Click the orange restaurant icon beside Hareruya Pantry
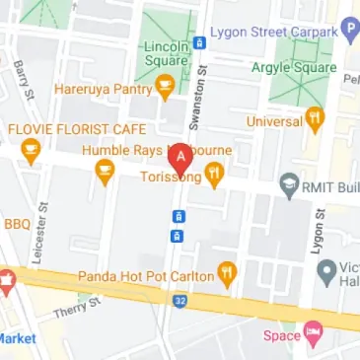click(166, 90)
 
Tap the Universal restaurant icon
click(315, 120)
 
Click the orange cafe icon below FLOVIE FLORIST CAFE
click(32, 151)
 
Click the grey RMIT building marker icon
click(289, 182)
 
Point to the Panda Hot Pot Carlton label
click(159, 276)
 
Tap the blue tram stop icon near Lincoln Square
click(199, 43)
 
